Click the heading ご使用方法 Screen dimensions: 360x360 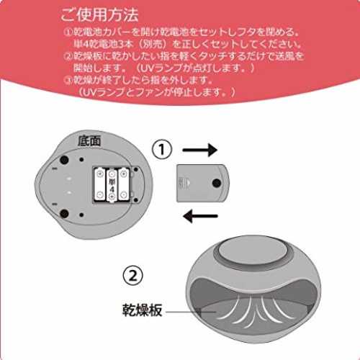[x=99, y=15]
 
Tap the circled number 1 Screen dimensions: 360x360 [x=162, y=149]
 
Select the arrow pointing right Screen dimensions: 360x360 [x=200, y=150]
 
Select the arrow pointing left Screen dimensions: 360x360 [x=200, y=216]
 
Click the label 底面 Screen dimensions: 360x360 [x=89, y=141]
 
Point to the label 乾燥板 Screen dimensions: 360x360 [x=142, y=310]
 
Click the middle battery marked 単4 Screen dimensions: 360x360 [x=112, y=185]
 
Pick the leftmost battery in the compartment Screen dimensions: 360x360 [x=100, y=184]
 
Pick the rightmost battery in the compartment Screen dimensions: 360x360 [x=124, y=184]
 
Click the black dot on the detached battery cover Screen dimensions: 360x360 [x=217, y=183]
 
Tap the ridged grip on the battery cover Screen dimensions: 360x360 [x=181, y=183]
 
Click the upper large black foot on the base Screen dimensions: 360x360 [x=64, y=160]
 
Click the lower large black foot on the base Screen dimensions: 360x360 [x=64, y=213]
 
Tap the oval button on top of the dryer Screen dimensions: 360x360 [x=253, y=251]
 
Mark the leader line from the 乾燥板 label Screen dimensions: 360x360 [x=191, y=312]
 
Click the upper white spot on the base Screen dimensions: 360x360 [x=69, y=179]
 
